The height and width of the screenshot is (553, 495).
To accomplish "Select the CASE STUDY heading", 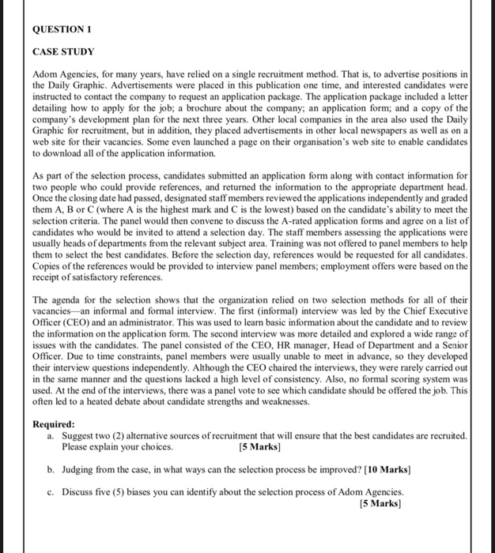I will pyautogui.click(x=63, y=52).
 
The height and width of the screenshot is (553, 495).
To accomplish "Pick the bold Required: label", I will pyautogui.click(x=54, y=424).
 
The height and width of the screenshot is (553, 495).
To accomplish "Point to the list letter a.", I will pyautogui.click(x=51, y=435).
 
